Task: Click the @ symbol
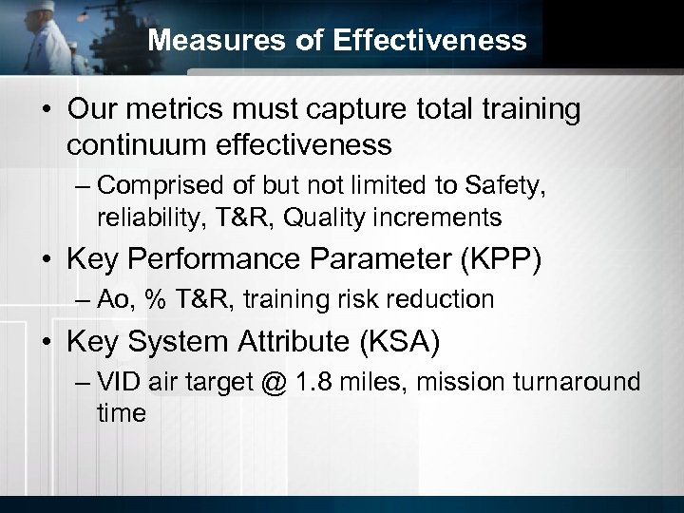click(x=273, y=383)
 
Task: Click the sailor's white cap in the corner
click(x=29, y=9)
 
